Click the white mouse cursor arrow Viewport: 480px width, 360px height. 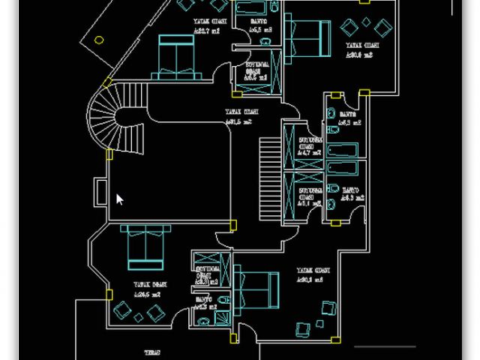[x=119, y=199]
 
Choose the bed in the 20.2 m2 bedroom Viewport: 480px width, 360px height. [x=255, y=288]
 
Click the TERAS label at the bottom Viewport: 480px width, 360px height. [x=153, y=351]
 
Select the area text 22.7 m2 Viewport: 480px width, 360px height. [x=206, y=32]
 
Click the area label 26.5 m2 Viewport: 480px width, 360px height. [x=148, y=295]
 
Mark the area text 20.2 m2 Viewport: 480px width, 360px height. [x=309, y=280]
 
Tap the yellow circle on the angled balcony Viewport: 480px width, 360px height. [x=100, y=41]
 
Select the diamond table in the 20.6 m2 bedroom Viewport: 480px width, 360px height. [x=364, y=21]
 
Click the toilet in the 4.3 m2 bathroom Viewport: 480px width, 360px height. [x=332, y=203]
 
